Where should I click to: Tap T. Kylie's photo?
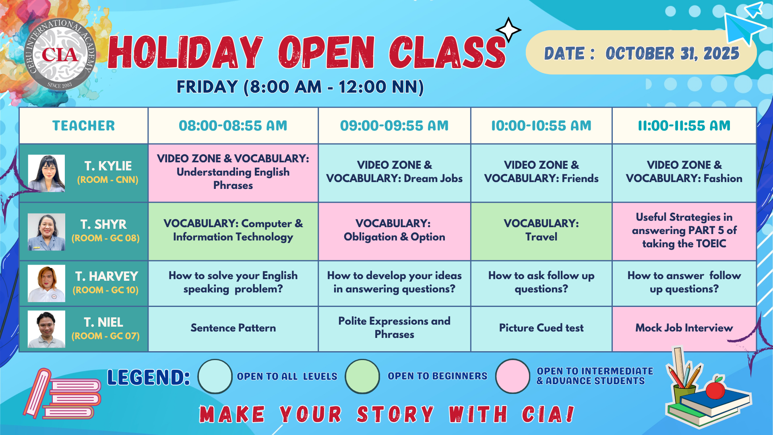click(46, 173)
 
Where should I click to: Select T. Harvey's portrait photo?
click(46, 283)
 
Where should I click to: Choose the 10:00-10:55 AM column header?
click(541, 126)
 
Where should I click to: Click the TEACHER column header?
click(84, 126)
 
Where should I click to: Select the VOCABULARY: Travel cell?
click(541, 231)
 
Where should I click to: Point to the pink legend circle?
click(513, 376)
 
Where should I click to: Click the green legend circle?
click(362, 376)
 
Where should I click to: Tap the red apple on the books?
click(715, 389)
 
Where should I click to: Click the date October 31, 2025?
click(672, 53)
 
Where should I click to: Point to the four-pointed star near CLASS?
click(508, 30)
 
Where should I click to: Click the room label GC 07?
click(124, 336)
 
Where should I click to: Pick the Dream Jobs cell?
click(394, 173)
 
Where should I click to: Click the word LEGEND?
click(149, 377)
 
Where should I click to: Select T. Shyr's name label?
click(103, 224)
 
